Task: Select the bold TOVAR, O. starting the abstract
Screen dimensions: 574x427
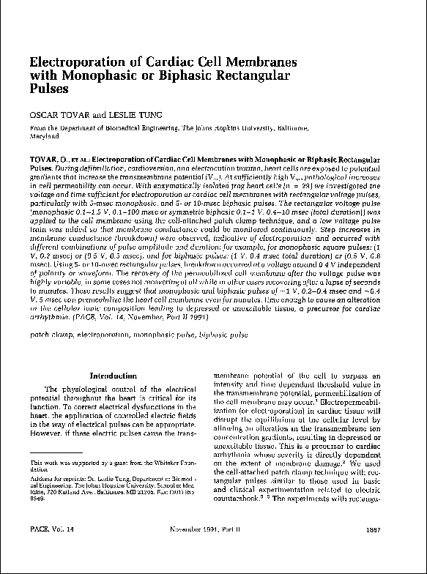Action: (46, 158)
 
